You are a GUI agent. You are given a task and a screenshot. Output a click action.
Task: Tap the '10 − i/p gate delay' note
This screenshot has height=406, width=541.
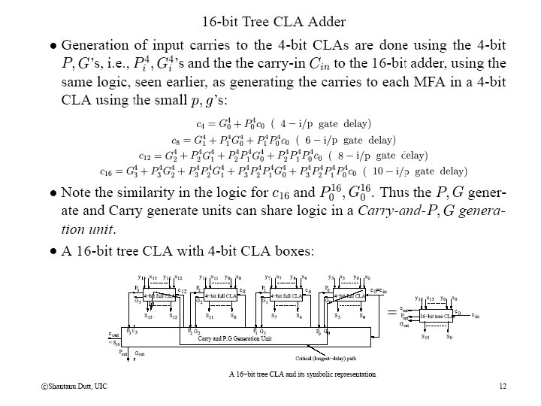pos(420,172)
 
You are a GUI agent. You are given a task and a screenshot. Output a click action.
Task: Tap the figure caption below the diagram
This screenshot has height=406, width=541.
pos(302,374)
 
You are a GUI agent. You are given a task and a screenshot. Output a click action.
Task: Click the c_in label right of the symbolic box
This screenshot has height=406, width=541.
pos(475,317)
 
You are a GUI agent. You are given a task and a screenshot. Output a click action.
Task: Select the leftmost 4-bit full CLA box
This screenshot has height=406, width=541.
pos(159,296)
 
